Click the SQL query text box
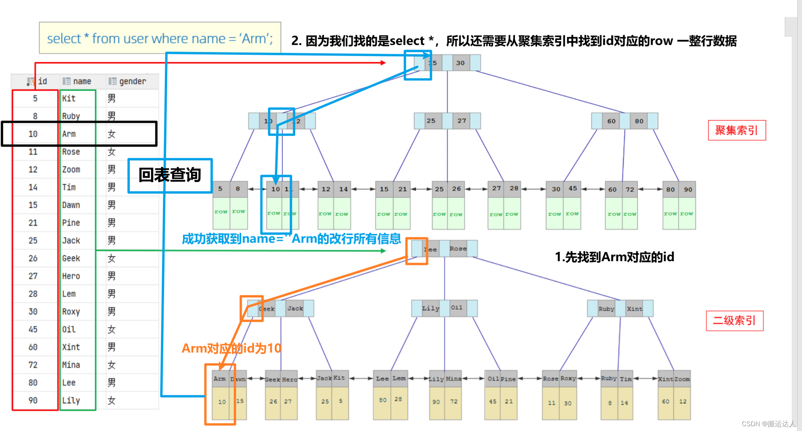(160, 38)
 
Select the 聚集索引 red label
(736, 130)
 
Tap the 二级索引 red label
(734, 320)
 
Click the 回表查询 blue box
(170, 175)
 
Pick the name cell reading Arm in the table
(69, 134)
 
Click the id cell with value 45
(33, 329)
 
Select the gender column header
(132, 81)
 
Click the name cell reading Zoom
(71, 169)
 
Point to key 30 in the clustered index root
(460, 63)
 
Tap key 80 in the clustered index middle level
(639, 121)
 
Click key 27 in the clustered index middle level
(462, 121)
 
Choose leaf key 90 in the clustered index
(688, 190)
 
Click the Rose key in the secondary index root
(458, 249)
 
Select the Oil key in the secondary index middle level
(456, 308)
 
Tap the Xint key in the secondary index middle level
(634, 309)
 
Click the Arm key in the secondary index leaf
(219, 379)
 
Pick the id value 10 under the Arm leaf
(222, 402)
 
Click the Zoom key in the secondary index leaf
(682, 379)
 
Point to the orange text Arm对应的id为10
(231, 348)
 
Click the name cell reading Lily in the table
(71, 401)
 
